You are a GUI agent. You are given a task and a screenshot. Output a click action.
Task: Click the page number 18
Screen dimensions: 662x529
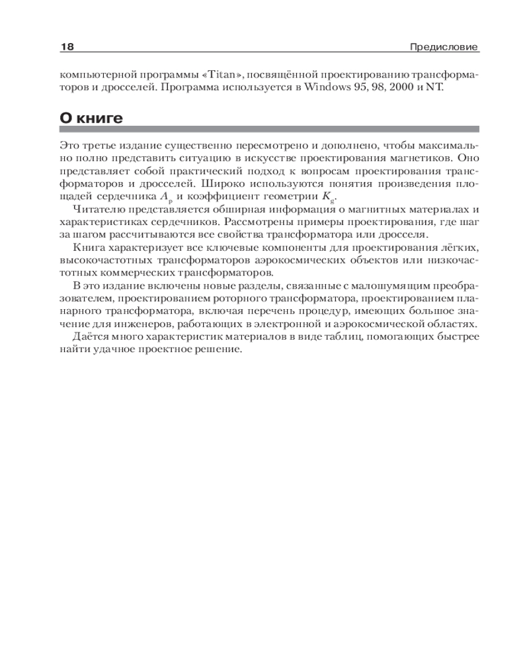[67, 48]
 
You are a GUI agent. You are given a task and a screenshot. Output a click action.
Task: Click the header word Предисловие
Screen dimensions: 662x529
[444, 48]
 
